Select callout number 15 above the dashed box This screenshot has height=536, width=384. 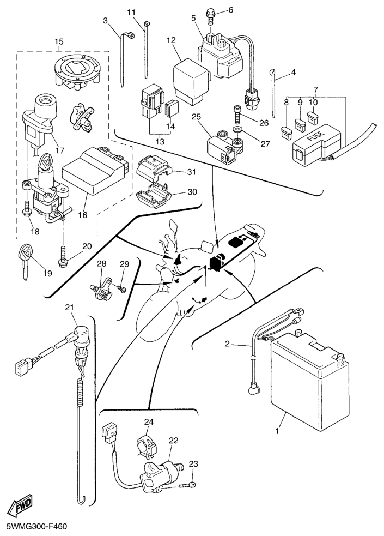pos(59,41)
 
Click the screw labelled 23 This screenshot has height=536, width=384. pos(188,481)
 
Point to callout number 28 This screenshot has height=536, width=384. pos(102,264)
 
